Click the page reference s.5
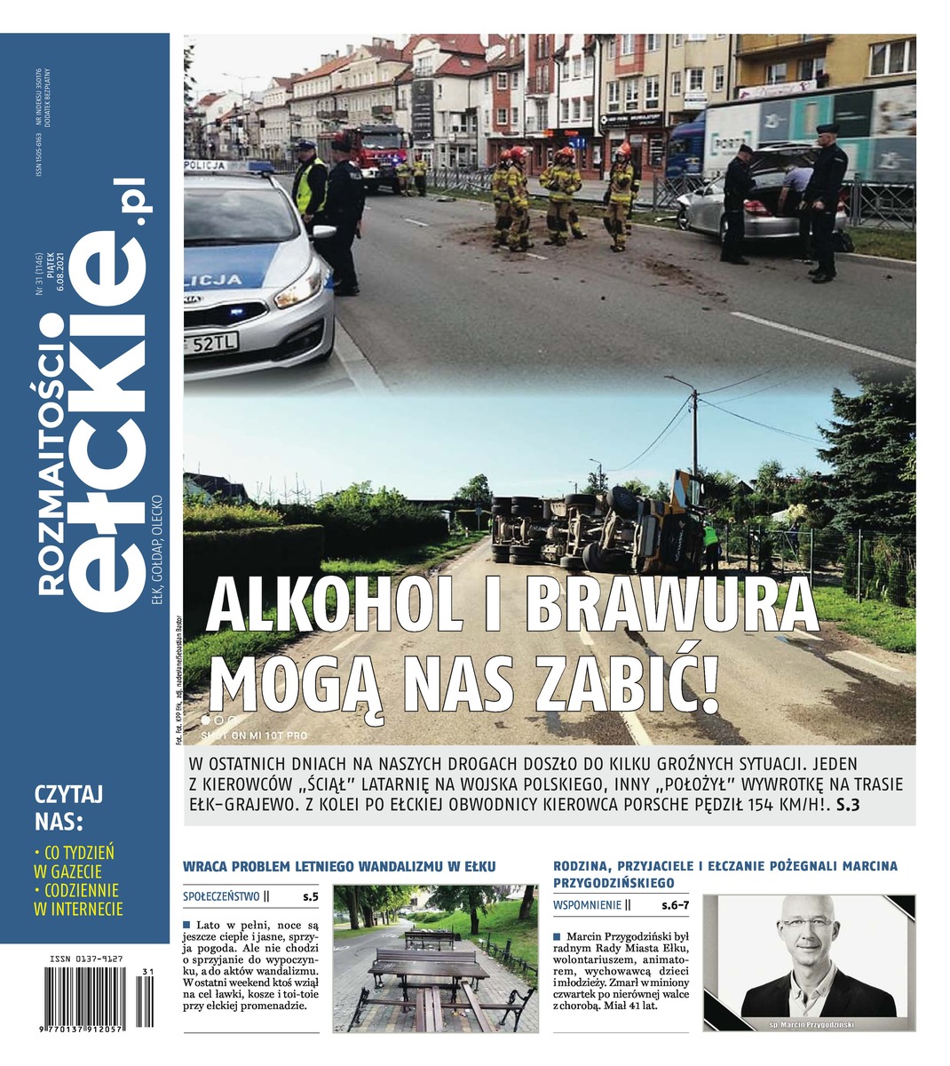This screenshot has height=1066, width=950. pyautogui.click(x=310, y=897)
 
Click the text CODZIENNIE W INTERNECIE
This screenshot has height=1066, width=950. pyautogui.click(x=77, y=899)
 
